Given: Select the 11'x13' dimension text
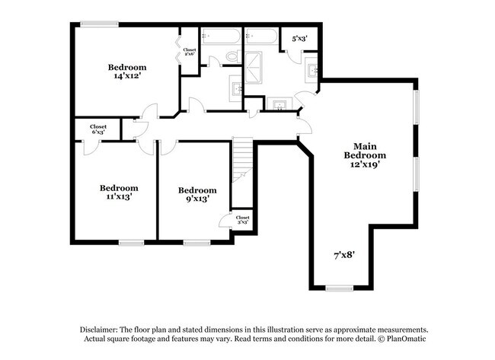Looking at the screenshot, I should pos(119,196).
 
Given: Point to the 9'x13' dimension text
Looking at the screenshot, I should pos(196,199).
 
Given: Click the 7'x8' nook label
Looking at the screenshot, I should pos(343,256).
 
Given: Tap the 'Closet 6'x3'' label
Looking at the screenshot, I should pos(97,129).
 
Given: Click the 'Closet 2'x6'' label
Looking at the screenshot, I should pos(190,52).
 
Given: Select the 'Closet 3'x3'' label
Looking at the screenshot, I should pos(242,220).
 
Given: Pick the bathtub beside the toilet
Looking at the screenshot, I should pos(220,36).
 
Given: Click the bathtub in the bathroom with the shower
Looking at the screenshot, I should pos(261,36).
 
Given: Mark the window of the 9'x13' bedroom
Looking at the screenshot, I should pos(196,243).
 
